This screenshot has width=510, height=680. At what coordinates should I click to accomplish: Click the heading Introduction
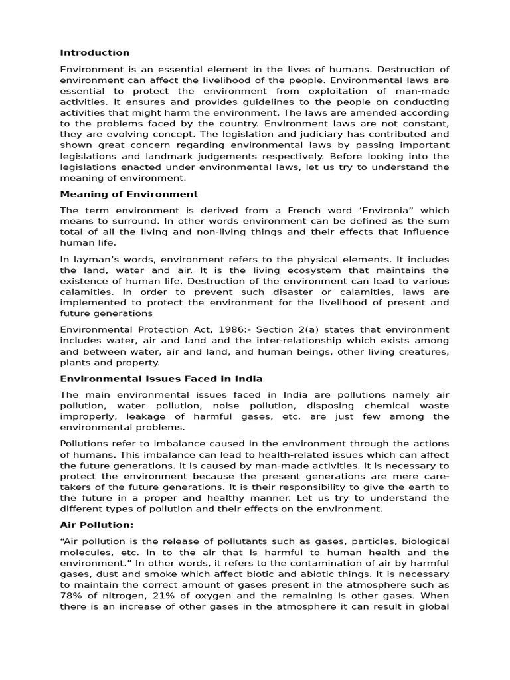point(95,52)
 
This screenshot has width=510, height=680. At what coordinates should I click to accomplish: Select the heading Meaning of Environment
point(129,194)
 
